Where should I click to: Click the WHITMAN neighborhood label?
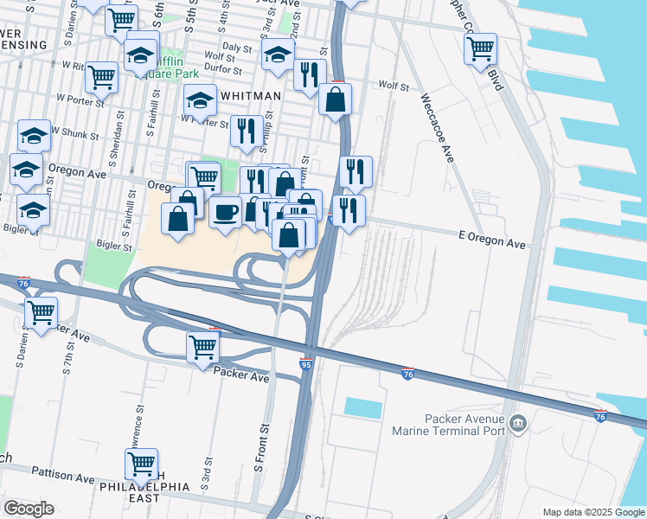pyautogui.click(x=251, y=97)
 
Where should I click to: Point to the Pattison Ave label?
pyautogui.click(x=62, y=476)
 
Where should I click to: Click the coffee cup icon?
pyautogui.click(x=226, y=210)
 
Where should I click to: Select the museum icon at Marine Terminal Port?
pyautogui.click(x=518, y=422)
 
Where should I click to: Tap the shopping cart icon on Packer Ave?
pyautogui.click(x=203, y=346)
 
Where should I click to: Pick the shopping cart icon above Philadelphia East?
pyautogui.click(x=141, y=463)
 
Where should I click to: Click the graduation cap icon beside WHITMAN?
pyautogui.click(x=201, y=99)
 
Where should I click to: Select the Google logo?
pyautogui.click(x=29, y=509)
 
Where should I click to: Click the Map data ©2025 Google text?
pyautogui.click(x=593, y=512)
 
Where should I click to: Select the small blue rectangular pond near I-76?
pyautogui.click(x=362, y=407)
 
